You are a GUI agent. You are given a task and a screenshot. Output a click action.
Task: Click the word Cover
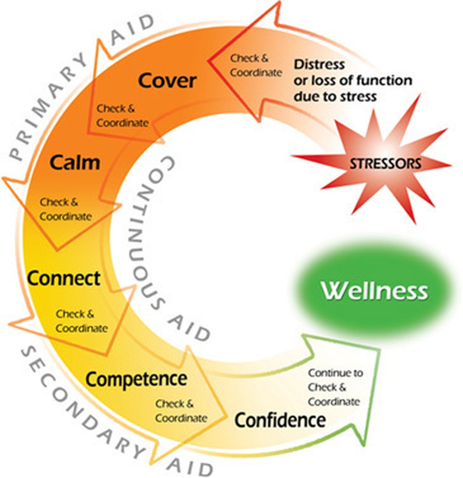pos(167,81)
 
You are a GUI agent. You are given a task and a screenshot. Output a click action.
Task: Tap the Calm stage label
pos(75,162)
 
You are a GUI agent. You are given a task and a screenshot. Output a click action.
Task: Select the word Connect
pos(63,279)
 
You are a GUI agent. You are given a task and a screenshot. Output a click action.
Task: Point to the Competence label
pos(137,379)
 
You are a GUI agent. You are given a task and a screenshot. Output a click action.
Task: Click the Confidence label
pos(280,420)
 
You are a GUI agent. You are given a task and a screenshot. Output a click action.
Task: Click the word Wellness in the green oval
pos(375,291)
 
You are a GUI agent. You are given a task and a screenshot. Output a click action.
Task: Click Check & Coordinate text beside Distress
pos(256,65)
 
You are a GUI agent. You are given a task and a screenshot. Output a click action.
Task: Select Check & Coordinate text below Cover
pos(122,116)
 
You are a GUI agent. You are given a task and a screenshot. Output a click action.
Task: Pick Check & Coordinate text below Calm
pos(65,209)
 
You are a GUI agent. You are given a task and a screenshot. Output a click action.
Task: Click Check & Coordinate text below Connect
pos(81,322)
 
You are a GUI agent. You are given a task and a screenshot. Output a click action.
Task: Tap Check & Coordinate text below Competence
pos(181,411)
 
